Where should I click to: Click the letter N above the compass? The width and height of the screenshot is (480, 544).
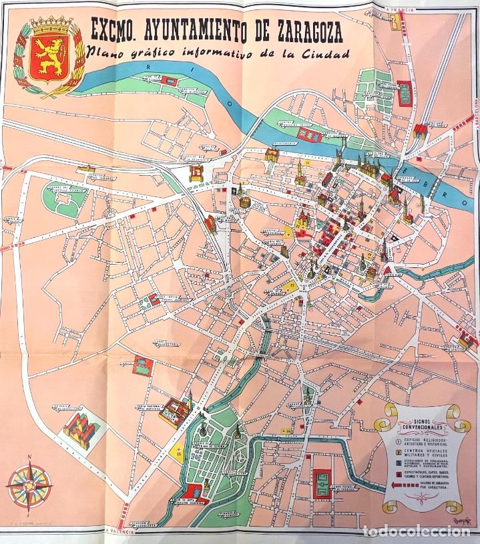[x=29, y=458]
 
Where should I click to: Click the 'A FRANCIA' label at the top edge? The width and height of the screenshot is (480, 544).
[x=399, y=9]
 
